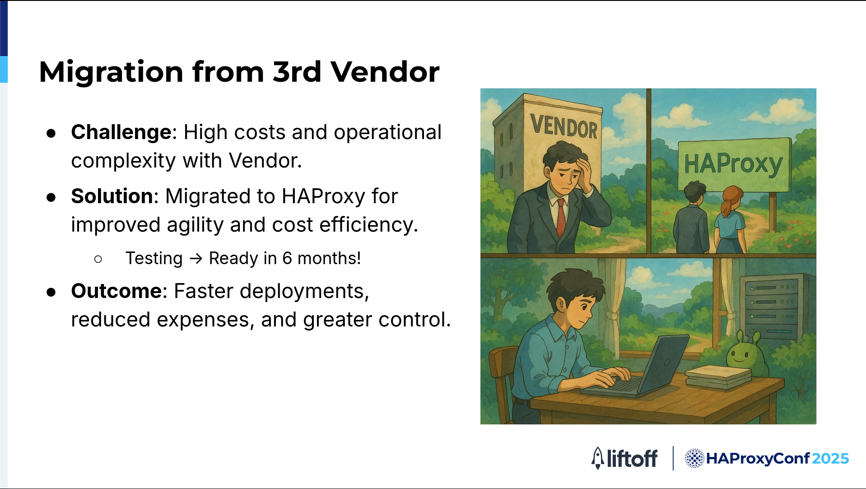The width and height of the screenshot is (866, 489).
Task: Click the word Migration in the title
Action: coord(111,73)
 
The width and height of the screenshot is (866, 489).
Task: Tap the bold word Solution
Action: coord(112,196)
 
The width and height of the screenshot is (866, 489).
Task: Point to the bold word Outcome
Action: coord(116,291)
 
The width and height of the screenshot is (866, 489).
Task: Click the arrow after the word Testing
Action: coord(196,259)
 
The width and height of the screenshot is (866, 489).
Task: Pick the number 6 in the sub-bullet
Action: coord(287,259)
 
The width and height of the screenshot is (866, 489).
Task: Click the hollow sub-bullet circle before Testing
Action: coord(98,259)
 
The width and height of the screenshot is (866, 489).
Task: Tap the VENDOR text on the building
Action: coord(564,126)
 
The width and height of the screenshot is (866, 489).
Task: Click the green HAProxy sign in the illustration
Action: coord(734,165)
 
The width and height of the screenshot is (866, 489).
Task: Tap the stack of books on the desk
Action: coord(718,377)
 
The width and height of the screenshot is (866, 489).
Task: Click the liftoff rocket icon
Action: coord(598,458)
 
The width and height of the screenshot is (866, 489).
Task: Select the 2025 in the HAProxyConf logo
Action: coord(830,459)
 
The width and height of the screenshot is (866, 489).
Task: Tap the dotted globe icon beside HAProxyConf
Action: coord(694,458)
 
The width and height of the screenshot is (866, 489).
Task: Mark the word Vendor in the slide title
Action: coord(385,72)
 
